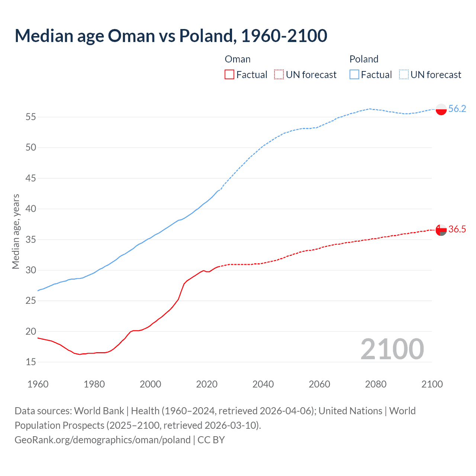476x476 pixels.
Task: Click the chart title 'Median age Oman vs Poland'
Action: tap(171, 36)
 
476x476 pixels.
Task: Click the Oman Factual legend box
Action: tap(229, 74)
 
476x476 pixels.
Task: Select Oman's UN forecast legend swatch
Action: tap(279, 74)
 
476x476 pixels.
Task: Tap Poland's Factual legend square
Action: tap(354, 74)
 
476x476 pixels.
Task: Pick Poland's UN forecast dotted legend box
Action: tap(403, 74)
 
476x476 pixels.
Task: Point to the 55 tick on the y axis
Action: tap(31, 117)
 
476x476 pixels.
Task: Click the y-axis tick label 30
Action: tap(31, 270)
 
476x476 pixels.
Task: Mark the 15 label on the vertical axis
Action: tap(31, 362)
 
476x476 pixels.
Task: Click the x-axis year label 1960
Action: tap(38, 384)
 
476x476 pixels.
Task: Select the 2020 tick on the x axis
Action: tap(207, 384)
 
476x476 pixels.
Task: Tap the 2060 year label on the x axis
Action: tap(319, 384)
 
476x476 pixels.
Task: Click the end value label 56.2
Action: tap(457, 109)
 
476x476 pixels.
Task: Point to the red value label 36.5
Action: tap(457, 229)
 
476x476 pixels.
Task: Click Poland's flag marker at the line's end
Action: tap(441, 109)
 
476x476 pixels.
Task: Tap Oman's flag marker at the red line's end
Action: tap(441, 230)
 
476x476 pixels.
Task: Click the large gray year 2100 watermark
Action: tap(392, 349)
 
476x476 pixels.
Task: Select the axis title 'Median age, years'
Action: tap(16, 231)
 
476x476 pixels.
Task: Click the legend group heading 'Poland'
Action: tap(364, 59)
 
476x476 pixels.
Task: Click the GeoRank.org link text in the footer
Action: tap(102, 440)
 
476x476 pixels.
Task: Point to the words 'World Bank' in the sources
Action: tap(99, 411)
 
